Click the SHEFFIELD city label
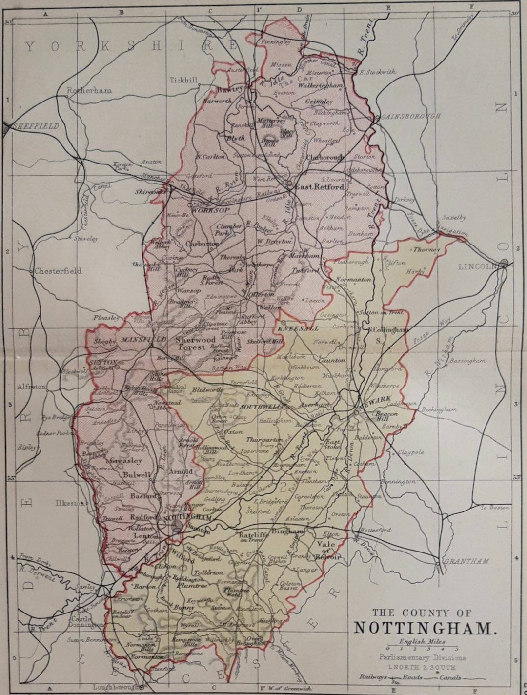[x=36, y=126]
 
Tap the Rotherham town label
[x=89, y=90]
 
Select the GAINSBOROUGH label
[x=410, y=116]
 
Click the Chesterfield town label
[x=58, y=271]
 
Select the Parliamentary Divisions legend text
[x=422, y=657]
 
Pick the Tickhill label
[x=183, y=80]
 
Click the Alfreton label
[x=31, y=386]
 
